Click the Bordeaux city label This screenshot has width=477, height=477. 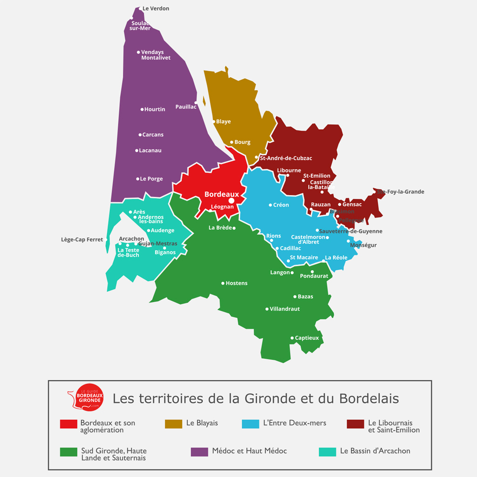(222, 194)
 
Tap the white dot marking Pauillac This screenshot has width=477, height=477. (196, 102)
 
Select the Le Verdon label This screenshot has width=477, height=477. (156, 8)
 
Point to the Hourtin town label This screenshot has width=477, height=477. (155, 109)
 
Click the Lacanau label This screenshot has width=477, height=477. (150, 150)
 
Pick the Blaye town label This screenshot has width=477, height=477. (224, 122)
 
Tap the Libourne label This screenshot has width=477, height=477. (289, 170)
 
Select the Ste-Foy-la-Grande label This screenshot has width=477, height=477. (401, 191)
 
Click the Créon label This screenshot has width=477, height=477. (281, 205)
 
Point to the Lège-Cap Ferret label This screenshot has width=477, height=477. (82, 240)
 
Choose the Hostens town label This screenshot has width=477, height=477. (237, 283)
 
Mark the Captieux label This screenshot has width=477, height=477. (307, 338)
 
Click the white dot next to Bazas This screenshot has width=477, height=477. (295, 296)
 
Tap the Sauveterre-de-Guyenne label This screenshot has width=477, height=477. (351, 231)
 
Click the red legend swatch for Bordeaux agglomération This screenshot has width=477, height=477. (68, 424)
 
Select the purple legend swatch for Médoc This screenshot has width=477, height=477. (199, 452)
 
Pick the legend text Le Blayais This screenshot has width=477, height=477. (202, 423)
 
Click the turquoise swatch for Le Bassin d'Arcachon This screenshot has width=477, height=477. (327, 452)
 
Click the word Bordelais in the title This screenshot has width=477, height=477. (369, 399)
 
